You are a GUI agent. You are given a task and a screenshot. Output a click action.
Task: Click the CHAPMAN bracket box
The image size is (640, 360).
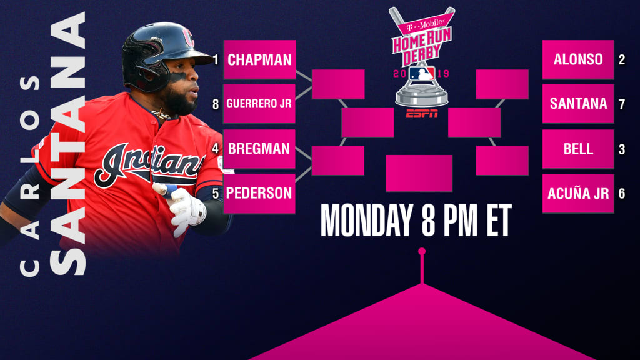click(x=259, y=59)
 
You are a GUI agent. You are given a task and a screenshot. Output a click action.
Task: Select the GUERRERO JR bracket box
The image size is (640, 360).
click(x=259, y=104)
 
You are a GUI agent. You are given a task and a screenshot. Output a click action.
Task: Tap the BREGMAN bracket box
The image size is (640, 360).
click(x=259, y=149)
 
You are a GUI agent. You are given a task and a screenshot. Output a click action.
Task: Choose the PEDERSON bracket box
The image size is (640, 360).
click(x=259, y=194)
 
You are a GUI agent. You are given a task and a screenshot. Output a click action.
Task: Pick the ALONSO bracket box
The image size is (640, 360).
click(x=578, y=59)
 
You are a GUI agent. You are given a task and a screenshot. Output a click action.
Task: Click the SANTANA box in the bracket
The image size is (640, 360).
click(x=578, y=104)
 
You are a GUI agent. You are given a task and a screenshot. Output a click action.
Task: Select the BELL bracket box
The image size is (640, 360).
click(x=578, y=149)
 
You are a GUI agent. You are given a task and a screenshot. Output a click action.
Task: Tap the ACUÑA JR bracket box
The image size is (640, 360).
click(x=578, y=194)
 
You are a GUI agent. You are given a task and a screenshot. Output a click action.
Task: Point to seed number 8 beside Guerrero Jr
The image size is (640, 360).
click(x=216, y=104)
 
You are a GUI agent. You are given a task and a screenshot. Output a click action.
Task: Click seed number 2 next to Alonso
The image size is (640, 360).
click(x=622, y=60)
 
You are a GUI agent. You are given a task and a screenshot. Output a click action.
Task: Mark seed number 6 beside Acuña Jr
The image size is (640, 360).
click(x=622, y=194)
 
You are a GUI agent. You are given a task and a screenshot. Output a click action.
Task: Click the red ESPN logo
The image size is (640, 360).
click(x=422, y=114)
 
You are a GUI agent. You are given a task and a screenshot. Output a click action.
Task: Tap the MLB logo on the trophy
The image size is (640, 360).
click(x=422, y=74)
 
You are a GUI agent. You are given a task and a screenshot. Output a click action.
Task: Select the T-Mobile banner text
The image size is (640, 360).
click(x=424, y=25)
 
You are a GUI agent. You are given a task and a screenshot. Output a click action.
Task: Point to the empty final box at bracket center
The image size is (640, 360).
click(x=419, y=173)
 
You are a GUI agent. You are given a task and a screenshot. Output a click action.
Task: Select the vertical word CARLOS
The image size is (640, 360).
click(x=30, y=176)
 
